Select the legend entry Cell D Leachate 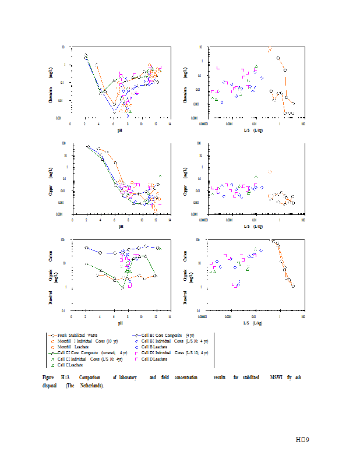click(x=155, y=359)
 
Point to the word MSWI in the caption click(x=276, y=378)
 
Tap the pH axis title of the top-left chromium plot click(x=120, y=130)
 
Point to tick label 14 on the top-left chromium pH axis click(x=170, y=124)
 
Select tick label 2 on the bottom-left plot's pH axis click(x=86, y=317)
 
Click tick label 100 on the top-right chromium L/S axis click(x=304, y=124)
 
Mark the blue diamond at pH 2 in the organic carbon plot click(x=87, y=248)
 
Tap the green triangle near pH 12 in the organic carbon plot click(x=155, y=276)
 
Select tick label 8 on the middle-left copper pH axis click(x=128, y=220)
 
